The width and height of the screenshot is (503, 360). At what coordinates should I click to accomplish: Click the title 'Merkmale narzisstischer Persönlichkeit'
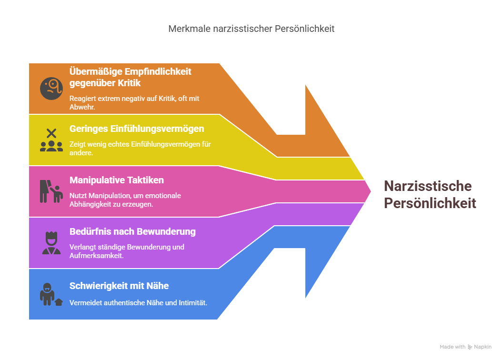pyautogui.click(x=251, y=29)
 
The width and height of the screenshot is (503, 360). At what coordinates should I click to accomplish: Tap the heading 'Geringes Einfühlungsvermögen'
pyautogui.click(x=137, y=129)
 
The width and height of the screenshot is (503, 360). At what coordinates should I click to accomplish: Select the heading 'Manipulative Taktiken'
pyautogui.click(x=117, y=180)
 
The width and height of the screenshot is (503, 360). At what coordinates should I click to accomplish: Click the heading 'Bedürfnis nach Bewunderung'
pyautogui.click(x=132, y=231)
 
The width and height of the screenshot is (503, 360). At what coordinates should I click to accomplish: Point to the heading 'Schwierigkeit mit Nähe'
pyautogui.click(x=119, y=286)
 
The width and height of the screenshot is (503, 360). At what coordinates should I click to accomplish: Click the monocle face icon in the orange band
pyautogui.click(x=51, y=89)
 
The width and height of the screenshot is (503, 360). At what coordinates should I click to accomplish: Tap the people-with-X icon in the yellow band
pyautogui.click(x=51, y=140)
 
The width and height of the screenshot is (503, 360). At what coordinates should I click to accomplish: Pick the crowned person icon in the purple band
pyautogui.click(x=51, y=243)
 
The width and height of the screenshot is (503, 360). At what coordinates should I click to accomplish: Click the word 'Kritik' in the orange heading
pyautogui.click(x=129, y=83)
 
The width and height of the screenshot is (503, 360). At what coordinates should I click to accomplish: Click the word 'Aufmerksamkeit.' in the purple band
pyautogui.click(x=97, y=256)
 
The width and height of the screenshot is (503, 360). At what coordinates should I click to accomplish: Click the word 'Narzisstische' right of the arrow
pyautogui.click(x=428, y=186)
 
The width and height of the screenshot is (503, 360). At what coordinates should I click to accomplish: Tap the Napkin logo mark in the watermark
pyautogui.click(x=470, y=347)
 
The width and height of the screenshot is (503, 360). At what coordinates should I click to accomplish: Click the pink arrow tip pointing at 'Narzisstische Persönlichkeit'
pyautogui.click(x=370, y=191)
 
